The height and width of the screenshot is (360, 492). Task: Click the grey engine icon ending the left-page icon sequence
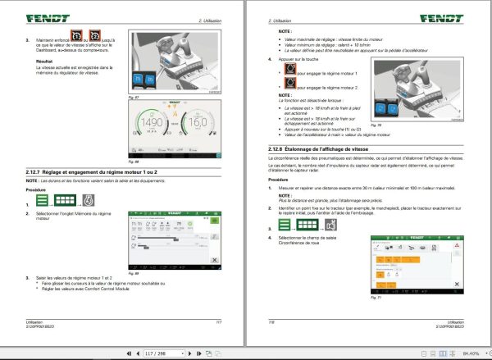tap(88, 200)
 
